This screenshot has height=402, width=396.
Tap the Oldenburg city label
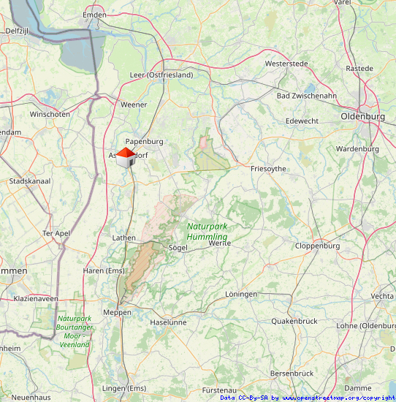362,116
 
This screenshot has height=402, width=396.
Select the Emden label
94,15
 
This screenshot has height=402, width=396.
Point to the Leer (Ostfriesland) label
161,75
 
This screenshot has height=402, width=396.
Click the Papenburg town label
144,141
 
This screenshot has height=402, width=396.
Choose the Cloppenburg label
317,246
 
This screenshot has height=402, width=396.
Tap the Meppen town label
117,312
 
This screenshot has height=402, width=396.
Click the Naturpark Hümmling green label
207,232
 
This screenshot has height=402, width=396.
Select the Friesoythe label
268,168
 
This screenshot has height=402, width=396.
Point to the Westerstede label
286,64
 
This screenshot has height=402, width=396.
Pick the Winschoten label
50,114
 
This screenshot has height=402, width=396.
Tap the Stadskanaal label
29,181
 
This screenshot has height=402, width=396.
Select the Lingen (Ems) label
124,387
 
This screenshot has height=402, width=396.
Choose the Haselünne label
168,322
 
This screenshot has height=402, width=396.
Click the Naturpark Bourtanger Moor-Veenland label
74,331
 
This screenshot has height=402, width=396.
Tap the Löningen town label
241,294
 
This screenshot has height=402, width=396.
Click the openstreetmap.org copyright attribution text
307,398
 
